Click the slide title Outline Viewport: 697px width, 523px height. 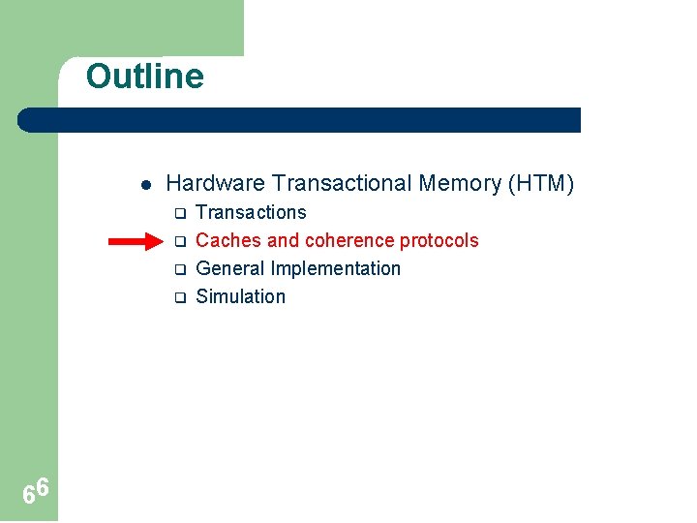145,77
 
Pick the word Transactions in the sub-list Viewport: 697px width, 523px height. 251,213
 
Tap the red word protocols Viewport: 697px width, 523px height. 439,241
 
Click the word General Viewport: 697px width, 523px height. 230,269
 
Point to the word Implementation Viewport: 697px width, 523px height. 335,269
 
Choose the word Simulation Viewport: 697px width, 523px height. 240,297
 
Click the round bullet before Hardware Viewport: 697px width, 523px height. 142,184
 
